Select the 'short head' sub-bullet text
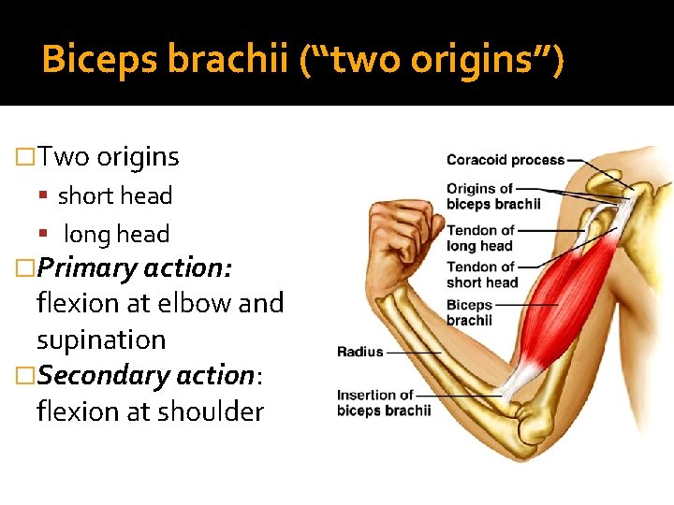115,196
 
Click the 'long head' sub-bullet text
116,235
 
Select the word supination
101,339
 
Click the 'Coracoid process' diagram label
505,160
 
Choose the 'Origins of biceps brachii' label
493,196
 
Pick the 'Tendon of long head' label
480,238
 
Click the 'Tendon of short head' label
482,275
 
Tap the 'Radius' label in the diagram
360,353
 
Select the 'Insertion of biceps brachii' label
384,403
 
